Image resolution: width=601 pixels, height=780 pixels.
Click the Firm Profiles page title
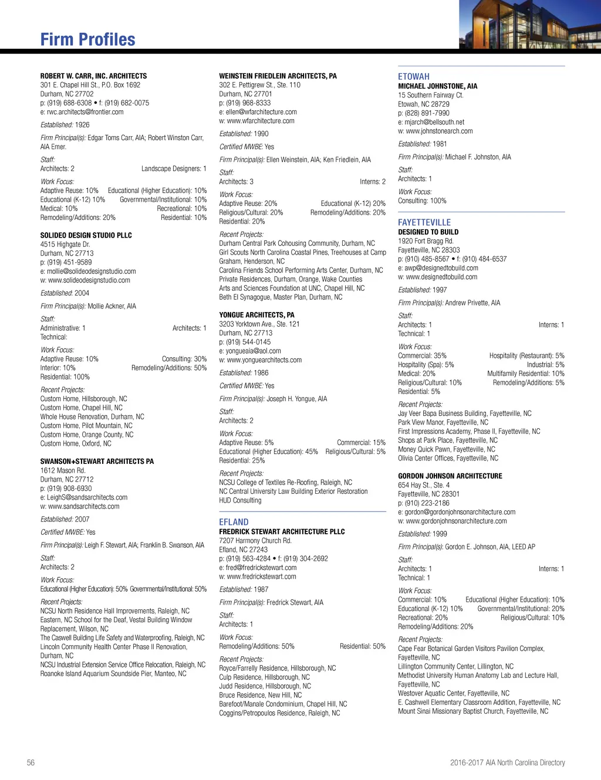[88, 39]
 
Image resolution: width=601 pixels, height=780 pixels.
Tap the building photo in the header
[529, 24]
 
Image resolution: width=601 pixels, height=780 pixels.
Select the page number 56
[31, 762]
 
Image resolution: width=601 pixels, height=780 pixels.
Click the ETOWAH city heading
[414, 77]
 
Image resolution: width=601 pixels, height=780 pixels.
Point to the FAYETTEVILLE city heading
[424, 222]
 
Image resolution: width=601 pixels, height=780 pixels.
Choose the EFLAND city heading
[234, 522]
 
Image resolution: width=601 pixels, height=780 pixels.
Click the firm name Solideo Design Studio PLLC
[86, 235]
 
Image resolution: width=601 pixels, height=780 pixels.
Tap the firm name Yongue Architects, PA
[256, 315]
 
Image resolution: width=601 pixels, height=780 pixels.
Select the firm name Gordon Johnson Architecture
[450, 476]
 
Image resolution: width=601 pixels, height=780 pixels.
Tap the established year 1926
[82, 125]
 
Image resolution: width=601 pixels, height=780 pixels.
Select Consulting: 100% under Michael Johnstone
[422, 201]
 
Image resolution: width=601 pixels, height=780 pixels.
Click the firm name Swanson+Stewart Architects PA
[97, 462]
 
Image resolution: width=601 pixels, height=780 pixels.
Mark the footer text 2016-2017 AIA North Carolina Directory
[507, 762]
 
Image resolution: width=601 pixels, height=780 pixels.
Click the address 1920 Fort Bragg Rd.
[426, 241]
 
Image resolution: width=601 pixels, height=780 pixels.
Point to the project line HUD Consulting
[240, 500]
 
